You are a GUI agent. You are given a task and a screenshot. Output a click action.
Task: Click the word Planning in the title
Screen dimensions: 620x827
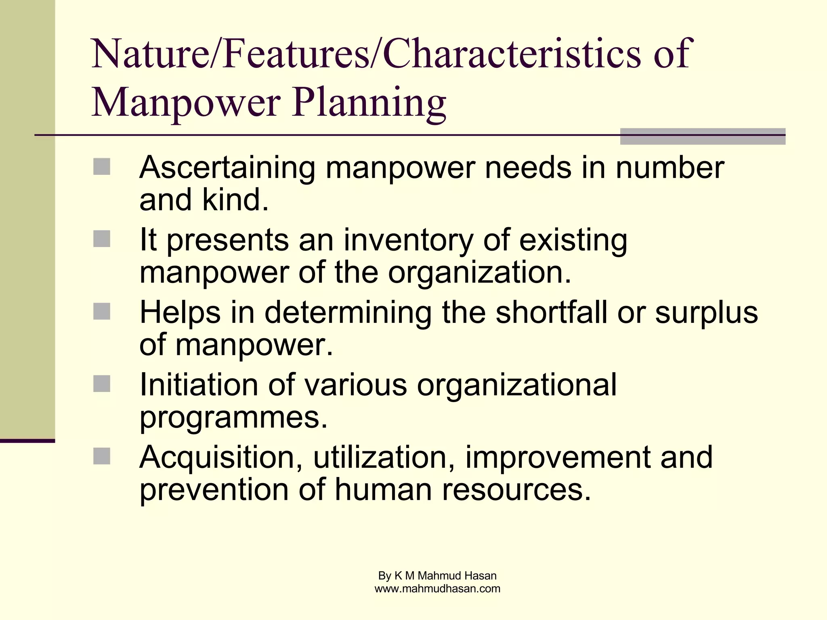(x=369, y=102)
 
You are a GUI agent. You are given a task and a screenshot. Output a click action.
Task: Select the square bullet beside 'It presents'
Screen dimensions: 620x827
(x=102, y=239)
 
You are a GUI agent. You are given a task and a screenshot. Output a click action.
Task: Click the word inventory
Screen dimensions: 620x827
(x=408, y=240)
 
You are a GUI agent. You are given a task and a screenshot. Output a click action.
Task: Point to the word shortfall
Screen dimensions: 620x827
(x=551, y=312)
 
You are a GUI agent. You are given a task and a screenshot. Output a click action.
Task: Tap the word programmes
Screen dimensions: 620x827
(x=233, y=418)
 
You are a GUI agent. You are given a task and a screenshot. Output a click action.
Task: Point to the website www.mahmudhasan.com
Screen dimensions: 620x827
(x=437, y=589)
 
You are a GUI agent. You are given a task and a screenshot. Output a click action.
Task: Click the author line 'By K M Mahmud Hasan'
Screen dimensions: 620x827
(x=437, y=576)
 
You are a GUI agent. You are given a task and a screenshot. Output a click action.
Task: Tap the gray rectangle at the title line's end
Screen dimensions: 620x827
(x=702, y=136)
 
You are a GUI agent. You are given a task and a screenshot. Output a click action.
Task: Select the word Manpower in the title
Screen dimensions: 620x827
(x=186, y=102)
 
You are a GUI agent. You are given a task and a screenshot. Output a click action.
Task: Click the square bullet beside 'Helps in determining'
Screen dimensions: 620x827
(x=102, y=311)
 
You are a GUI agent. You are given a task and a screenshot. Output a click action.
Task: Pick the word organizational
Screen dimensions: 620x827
(x=516, y=385)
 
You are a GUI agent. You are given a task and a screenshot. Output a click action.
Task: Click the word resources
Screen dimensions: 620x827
(x=516, y=490)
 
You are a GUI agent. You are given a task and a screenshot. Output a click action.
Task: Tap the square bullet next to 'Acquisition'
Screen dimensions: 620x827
(x=102, y=456)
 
